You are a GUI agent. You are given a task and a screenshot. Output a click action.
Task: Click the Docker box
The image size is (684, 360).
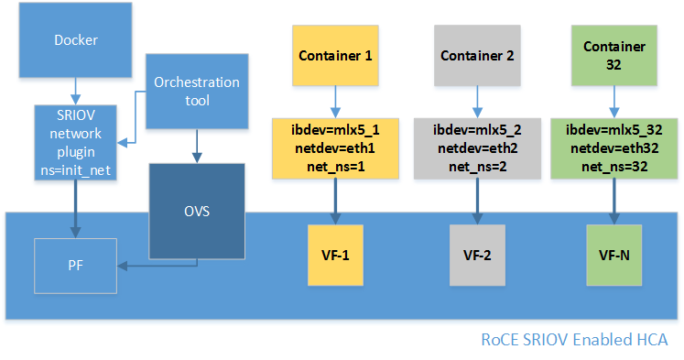[x=76, y=40]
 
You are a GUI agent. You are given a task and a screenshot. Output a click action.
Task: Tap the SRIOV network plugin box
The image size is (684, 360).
[x=76, y=142]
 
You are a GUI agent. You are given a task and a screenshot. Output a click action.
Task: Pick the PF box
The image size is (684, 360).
[x=76, y=266]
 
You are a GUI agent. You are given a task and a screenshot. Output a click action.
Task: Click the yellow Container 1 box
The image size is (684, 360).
[x=335, y=55]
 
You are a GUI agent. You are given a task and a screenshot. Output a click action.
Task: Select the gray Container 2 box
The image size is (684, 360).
[x=477, y=55]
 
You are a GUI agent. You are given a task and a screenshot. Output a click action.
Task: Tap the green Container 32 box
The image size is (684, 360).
[x=614, y=55]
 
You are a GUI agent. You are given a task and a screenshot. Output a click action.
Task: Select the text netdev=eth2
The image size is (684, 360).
[x=477, y=147]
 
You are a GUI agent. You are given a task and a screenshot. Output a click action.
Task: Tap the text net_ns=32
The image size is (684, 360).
[x=614, y=164]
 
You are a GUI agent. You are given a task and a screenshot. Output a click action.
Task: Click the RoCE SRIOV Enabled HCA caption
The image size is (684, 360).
[x=574, y=340]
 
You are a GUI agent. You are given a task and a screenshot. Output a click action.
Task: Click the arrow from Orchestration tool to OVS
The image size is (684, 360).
[x=196, y=145]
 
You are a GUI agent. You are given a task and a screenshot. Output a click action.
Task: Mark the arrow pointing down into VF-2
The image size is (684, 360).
[x=477, y=202]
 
